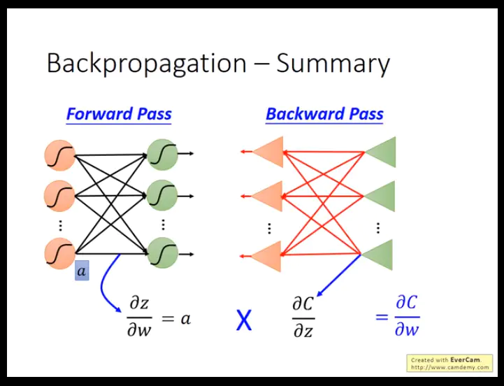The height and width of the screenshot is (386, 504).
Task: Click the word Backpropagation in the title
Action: pyautogui.click(x=147, y=64)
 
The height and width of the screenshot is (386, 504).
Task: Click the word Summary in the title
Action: pyautogui.click(x=333, y=64)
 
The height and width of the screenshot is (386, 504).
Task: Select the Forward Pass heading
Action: pyautogui.click(x=119, y=114)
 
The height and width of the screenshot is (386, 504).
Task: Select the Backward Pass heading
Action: pyautogui.click(x=324, y=114)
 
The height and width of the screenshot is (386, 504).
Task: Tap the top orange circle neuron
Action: pyautogui.click(x=59, y=155)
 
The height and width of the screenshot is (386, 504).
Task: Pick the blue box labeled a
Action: pyautogui.click(x=82, y=271)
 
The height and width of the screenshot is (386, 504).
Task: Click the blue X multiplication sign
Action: pyautogui.click(x=243, y=320)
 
